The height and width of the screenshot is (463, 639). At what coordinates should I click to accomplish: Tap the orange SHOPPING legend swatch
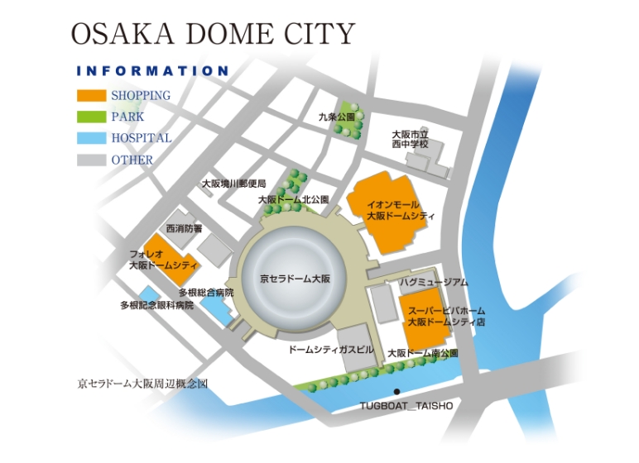[x=91, y=95]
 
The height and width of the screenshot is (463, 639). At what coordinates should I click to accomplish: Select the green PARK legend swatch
[x=91, y=117]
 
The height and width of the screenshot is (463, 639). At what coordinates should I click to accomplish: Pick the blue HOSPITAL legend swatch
[x=91, y=138]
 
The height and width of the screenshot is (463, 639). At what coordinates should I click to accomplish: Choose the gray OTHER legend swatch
[x=91, y=160]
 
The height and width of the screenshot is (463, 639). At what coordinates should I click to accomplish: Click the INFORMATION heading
[x=151, y=71]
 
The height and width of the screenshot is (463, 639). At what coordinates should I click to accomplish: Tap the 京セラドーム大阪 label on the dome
[x=295, y=279]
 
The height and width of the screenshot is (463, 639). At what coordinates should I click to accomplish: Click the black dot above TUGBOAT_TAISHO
[x=397, y=391]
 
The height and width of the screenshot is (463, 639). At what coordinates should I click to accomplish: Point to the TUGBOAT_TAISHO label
[x=406, y=406]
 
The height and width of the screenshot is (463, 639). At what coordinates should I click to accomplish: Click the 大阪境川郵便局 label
[x=234, y=184]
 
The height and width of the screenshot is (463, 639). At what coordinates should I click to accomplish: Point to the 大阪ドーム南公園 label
[x=422, y=353]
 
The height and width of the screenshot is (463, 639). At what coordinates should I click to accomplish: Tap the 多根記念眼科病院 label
[x=156, y=305]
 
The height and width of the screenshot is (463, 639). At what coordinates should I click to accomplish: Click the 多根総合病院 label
[x=206, y=293]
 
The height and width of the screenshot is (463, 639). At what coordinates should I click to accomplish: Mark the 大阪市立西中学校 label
[x=411, y=138]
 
